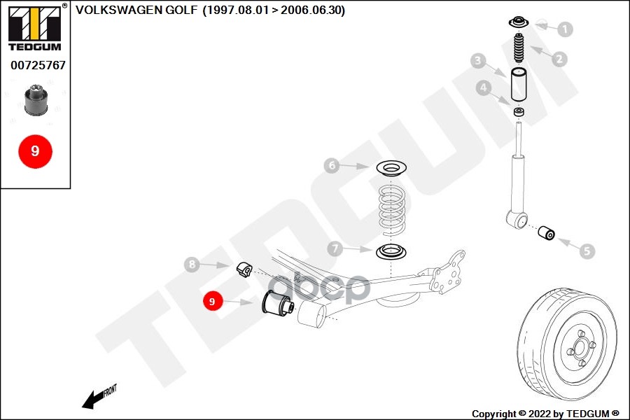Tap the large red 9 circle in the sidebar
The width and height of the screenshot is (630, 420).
pyautogui.click(x=35, y=151)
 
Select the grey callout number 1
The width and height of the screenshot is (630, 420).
pyautogui.click(x=564, y=29)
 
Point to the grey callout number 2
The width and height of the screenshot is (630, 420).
pyautogui.click(x=559, y=59)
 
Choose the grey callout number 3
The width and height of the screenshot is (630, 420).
pyautogui.click(x=478, y=62)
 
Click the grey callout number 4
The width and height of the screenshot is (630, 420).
pyautogui.click(x=483, y=88)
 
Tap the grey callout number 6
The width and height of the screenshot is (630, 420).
pyautogui.click(x=332, y=166)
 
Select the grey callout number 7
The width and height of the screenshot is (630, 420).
pyautogui.click(x=335, y=248)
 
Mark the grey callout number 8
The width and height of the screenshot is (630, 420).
pyautogui.click(x=192, y=265)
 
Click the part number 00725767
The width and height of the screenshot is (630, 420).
pyautogui.click(x=38, y=65)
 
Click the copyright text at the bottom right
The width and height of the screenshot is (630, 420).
pyautogui.click(x=545, y=413)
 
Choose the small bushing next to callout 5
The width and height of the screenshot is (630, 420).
pyautogui.click(x=547, y=232)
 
